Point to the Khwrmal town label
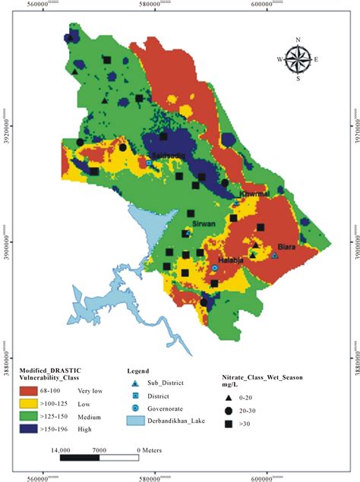[254, 194]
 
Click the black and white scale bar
[99, 458]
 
